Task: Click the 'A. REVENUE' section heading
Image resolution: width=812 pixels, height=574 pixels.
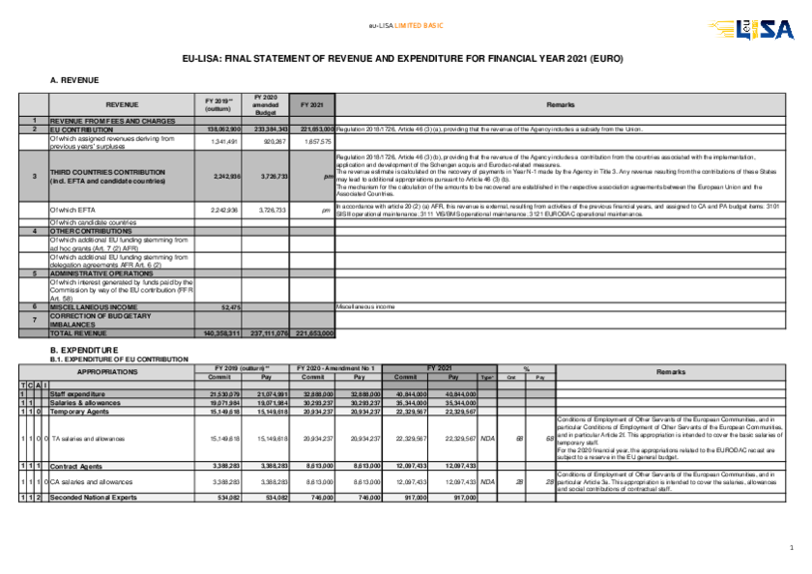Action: coord(74,79)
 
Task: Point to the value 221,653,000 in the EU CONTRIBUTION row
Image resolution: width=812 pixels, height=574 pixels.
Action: coord(317,129)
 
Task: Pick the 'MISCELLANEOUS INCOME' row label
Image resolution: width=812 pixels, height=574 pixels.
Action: coord(92,306)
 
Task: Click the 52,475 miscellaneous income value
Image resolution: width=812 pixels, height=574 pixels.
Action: coord(230,306)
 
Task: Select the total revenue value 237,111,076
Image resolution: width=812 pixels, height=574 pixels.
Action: coord(269,332)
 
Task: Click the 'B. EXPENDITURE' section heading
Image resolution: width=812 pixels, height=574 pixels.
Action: coord(84,350)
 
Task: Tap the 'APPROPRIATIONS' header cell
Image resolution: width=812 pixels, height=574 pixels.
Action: coord(106,371)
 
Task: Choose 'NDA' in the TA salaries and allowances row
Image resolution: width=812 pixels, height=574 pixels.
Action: coord(487,439)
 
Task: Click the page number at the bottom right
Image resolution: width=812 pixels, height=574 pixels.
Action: coord(791,549)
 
